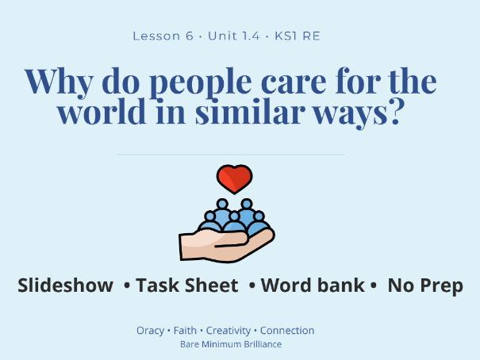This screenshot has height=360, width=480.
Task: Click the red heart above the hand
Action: pyautogui.click(x=234, y=179)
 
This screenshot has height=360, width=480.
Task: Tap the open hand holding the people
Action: pyautogui.click(x=225, y=241)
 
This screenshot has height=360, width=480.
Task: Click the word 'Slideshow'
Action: pyautogui.click(x=65, y=286)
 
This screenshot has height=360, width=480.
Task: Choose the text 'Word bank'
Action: pyautogui.click(x=313, y=286)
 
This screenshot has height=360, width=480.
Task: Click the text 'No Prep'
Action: pyautogui.click(x=424, y=286)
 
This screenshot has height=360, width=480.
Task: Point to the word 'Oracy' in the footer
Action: pyautogui.click(x=150, y=331)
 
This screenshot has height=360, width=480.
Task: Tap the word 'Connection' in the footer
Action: pyautogui.click(x=287, y=331)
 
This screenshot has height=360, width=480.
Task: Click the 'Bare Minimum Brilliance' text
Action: pyautogui.click(x=231, y=345)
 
